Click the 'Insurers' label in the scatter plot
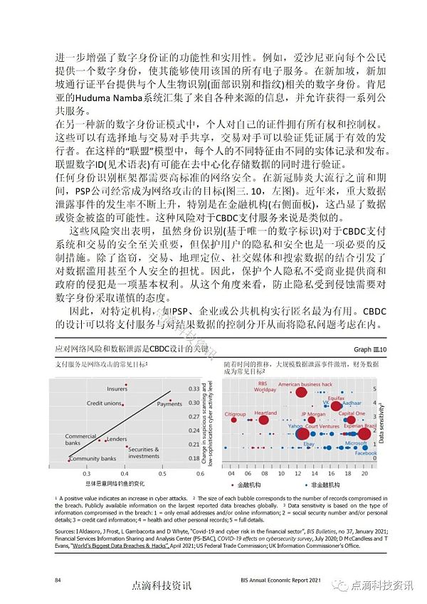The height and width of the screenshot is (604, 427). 117,389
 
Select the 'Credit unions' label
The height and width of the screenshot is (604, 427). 104,403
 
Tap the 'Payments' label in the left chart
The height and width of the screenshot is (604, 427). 169,404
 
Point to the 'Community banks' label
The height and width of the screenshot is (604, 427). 93,459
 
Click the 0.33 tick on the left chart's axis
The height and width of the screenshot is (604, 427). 194,389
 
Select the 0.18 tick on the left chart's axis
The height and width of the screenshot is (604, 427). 194,458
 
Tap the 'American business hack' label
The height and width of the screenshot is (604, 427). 305,384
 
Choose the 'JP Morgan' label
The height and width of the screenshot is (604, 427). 312,414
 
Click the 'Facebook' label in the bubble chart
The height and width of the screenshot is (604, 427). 366,454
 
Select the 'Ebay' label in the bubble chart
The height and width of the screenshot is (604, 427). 309,444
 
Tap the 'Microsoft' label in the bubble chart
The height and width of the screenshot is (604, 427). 356,443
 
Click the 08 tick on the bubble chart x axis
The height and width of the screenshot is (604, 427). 264,472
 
